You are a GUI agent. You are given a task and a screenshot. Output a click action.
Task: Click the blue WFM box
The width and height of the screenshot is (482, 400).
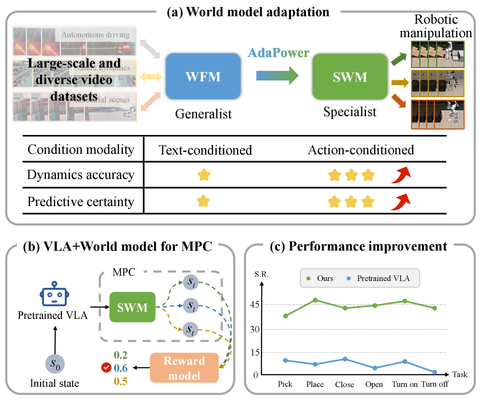click(x=204, y=76)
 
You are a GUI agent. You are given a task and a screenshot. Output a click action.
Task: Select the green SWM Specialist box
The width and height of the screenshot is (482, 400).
click(x=350, y=77)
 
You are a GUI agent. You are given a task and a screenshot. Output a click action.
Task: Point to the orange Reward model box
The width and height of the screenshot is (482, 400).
click(x=185, y=367)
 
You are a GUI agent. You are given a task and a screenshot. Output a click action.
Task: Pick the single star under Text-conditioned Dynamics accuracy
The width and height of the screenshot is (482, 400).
click(x=204, y=175)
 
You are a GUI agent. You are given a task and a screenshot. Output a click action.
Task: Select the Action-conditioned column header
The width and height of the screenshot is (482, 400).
click(x=361, y=150)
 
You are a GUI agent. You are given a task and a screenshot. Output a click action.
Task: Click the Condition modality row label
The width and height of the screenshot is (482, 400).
click(x=81, y=150)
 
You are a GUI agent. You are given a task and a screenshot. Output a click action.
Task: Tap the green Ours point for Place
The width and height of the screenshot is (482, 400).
click(x=315, y=300)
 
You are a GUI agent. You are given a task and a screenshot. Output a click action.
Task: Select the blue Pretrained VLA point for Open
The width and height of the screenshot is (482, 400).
click(x=375, y=368)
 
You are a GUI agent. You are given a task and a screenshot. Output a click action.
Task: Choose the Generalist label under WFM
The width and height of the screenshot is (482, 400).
click(x=203, y=114)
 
